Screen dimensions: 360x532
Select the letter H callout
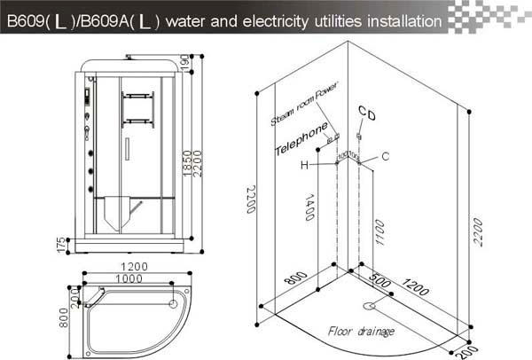pyautogui.click(x=304, y=165)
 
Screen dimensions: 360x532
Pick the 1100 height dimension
pyautogui.click(x=379, y=231)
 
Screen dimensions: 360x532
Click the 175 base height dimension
pyautogui.click(x=59, y=243)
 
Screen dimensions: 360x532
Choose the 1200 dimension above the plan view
pyautogui.click(x=136, y=265)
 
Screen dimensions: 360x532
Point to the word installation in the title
pyautogui.click(x=397, y=19)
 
